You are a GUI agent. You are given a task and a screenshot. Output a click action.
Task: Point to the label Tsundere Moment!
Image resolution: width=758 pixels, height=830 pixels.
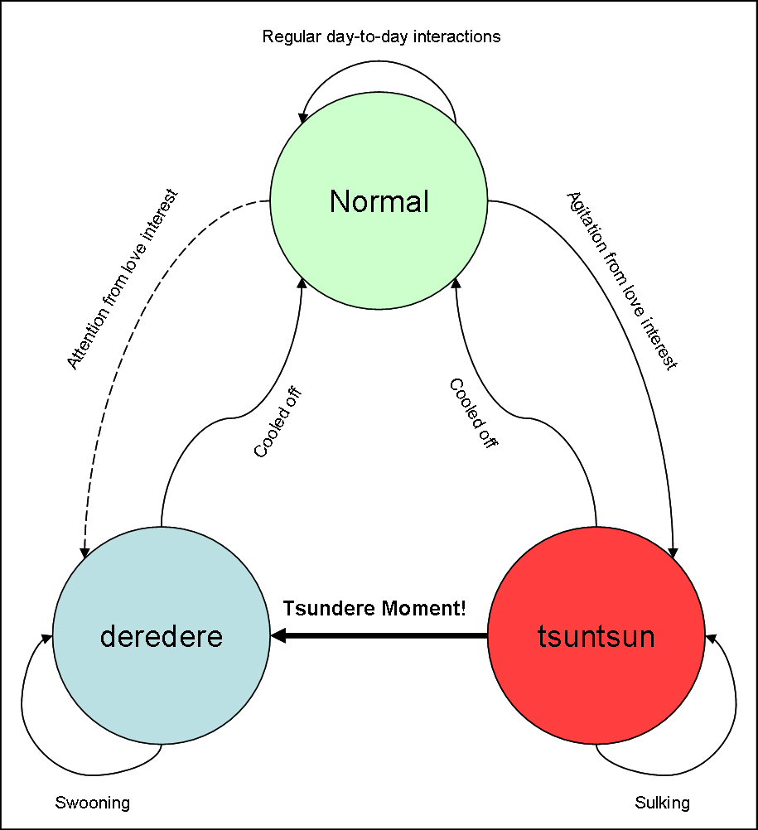click(374, 609)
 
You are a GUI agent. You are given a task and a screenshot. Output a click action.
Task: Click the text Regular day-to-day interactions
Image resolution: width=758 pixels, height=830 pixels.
click(381, 36)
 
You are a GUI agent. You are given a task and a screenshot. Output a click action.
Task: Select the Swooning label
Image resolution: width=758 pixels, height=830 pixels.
click(93, 803)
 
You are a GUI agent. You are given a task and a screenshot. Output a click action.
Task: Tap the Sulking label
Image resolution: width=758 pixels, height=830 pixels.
click(662, 803)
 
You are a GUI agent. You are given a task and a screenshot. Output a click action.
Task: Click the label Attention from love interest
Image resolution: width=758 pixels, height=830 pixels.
click(123, 280)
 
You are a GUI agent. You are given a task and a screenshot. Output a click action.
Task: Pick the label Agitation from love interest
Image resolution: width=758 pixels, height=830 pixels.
click(622, 280)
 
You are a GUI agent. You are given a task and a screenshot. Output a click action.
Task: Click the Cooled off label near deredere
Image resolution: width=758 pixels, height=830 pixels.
click(277, 422)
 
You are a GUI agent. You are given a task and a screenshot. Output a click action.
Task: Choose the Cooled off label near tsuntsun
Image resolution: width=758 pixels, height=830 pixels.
click(473, 413)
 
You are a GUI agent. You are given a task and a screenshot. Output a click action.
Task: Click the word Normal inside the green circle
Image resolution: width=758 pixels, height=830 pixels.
click(379, 201)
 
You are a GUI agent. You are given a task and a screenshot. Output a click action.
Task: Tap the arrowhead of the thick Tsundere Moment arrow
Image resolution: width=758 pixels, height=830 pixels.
click(278, 635)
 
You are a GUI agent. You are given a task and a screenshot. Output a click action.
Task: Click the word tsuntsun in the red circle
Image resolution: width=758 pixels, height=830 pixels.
click(596, 636)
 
